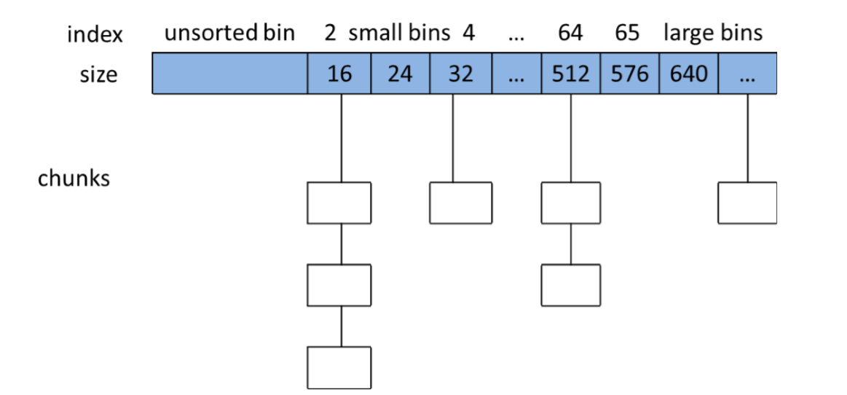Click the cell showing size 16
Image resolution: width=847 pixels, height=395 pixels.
pyautogui.click(x=339, y=73)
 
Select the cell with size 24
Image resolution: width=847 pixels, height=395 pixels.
pyautogui.click(x=401, y=73)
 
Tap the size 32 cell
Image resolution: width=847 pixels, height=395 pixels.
pyautogui.click(x=461, y=73)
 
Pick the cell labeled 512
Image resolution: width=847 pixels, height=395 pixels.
pyautogui.click(x=571, y=73)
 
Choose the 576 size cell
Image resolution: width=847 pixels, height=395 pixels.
pyautogui.click(x=630, y=73)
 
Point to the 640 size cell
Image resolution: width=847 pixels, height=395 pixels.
pyautogui.click(x=689, y=73)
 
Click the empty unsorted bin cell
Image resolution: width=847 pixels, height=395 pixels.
pyautogui.click(x=230, y=73)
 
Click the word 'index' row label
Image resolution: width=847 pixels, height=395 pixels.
pyautogui.click(x=95, y=35)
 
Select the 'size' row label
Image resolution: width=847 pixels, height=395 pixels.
pyautogui.click(x=98, y=74)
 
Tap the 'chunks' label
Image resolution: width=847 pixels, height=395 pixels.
pyautogui.click(x=74, y=178)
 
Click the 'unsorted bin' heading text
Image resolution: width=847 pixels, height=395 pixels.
pyautogui.click(x=229, y=34)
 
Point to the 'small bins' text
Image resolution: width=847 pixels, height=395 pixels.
pyautogui.click(x=399, y=34)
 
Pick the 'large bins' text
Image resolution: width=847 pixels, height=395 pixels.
pyautogui.click(x=713, y=34)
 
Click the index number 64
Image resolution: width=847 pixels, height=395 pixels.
pyautogui.click(x=570, y=34)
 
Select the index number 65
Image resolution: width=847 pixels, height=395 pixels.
pyautogui.click(x=627, y=34)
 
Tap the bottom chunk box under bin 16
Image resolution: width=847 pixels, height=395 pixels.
pyautogui.click(x=339, y=367)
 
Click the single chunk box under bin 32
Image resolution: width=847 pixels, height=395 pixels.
pyautogui.click(x=461, y=203)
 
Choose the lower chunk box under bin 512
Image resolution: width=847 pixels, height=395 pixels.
pyautogui.click(x=570, y=285)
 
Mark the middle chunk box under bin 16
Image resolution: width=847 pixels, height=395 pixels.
pyautogui.click(x=339, y=285)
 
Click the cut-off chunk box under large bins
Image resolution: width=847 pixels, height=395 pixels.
pyautogui.click(x=748, y=203)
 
